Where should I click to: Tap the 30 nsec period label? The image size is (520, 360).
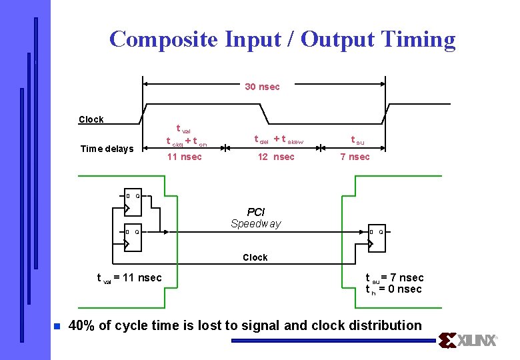262,87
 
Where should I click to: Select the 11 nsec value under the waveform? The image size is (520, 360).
184,157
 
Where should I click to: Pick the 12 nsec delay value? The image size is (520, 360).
275,157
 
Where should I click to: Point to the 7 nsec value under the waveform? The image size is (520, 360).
355,157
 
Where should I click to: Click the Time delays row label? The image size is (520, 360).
107,149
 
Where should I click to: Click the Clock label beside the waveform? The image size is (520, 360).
91,120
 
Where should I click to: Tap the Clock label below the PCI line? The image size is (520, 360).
255,257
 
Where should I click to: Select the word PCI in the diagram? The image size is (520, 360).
256,212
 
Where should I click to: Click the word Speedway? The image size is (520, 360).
256,224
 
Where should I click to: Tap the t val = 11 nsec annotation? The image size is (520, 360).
129,278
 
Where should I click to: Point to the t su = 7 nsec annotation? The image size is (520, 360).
394,278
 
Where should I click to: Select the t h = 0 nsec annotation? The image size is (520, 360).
393,289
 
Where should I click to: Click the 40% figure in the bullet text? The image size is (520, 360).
82,326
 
